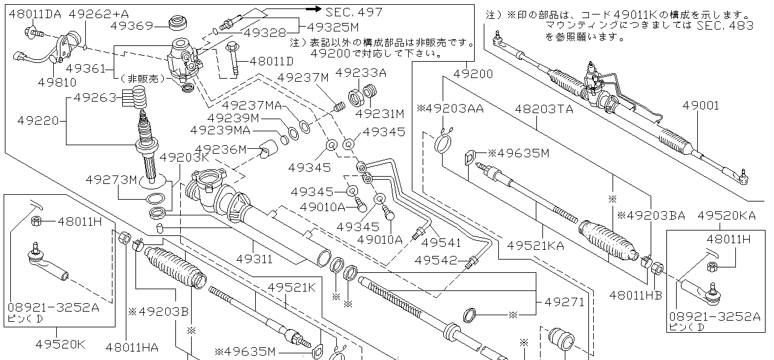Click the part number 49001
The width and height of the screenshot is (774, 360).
click(x=701, y=106)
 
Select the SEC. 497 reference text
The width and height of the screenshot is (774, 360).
click(x=354, y=11)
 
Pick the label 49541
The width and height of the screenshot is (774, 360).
click(x=441, y=243)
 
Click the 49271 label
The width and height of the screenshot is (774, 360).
click(x=564, y=301)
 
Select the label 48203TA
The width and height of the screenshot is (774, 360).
click(x=544, y=110)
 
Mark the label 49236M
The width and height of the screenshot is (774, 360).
click(x=221, y=149)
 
